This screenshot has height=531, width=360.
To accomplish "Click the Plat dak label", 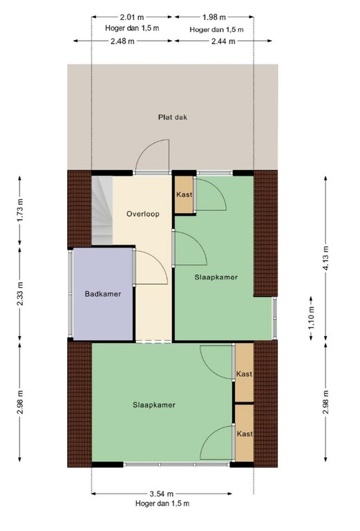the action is [173, 118].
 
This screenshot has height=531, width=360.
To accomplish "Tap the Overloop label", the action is [143, 214].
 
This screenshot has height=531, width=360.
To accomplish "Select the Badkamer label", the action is [103, 294].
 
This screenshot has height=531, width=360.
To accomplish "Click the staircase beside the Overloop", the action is [102, 210].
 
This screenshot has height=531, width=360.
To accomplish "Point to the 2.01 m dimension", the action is [132, 17].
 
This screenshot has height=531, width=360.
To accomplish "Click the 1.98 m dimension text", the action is [214, 17].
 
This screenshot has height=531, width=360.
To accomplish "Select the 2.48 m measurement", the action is [122, 41].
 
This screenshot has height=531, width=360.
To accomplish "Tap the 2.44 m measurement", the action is [223, 41].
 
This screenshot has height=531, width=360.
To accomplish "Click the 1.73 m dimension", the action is [20, 210].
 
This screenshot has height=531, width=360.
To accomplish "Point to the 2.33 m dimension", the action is [20, 294].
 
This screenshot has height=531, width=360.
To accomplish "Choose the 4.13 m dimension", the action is [326, 258].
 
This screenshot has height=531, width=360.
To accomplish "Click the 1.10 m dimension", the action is [311, 318].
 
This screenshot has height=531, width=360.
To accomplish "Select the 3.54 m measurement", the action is [162, 494].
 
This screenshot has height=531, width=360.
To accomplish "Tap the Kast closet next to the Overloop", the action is [184, 195].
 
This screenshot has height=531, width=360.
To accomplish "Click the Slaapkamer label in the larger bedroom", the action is [154, 405].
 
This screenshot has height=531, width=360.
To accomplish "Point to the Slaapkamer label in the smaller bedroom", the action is [216, 277].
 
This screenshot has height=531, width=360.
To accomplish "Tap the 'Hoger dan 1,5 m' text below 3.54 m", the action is [162, 503].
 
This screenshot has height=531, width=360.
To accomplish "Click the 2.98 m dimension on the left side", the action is [20, 402].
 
